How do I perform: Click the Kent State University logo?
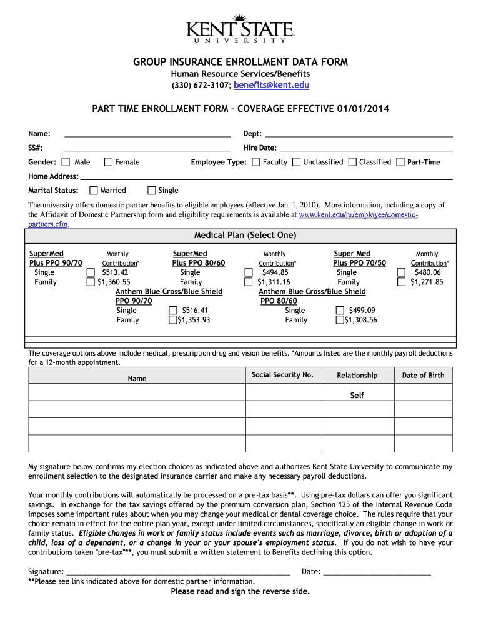click(241, 29)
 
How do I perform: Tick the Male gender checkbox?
click(66, 162)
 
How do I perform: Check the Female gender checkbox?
click(108, 162)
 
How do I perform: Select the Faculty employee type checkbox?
click(256, 162)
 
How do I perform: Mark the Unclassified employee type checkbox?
click(297, 162)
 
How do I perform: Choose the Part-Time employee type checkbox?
click(400, 162)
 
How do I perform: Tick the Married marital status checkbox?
click(94, 191)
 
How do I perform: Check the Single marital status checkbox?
click(151, 191)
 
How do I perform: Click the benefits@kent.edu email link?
click(272, 86)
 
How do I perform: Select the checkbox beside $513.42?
click(90, 273)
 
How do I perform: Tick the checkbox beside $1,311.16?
click(247, 282)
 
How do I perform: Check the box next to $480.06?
click(401, 273)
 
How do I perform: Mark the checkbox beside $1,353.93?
click(173, 321)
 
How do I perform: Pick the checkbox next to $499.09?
click(340, 311)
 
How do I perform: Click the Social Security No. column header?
click(282, 375)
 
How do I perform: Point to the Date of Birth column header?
click(423, 376)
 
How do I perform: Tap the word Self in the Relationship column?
click(357, 396)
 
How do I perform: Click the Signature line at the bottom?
click(177, 571)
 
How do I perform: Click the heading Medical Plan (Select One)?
click(245, 236)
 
